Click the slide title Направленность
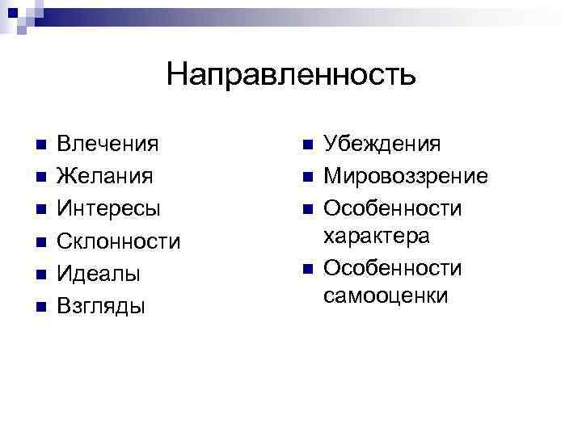(291, 75)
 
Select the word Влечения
(108, 145)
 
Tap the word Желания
(105, 176)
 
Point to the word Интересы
(109, 208)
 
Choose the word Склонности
(119, 241)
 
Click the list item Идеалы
(99, 274)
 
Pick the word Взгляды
(101, 306)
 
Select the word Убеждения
(382, 145)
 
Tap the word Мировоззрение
(405, 176)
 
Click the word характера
(376, 236)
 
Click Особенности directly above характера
(392, 208)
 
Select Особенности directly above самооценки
(392, 268)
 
